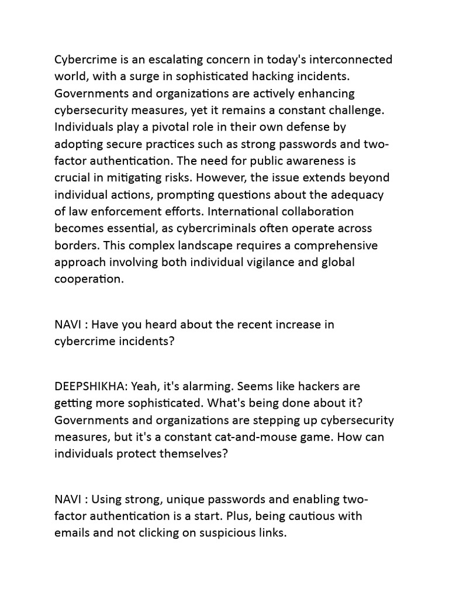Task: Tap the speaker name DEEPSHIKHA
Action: pos(91,386)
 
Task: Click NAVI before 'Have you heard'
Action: pos(69,324)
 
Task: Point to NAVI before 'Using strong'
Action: pos(69,499)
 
